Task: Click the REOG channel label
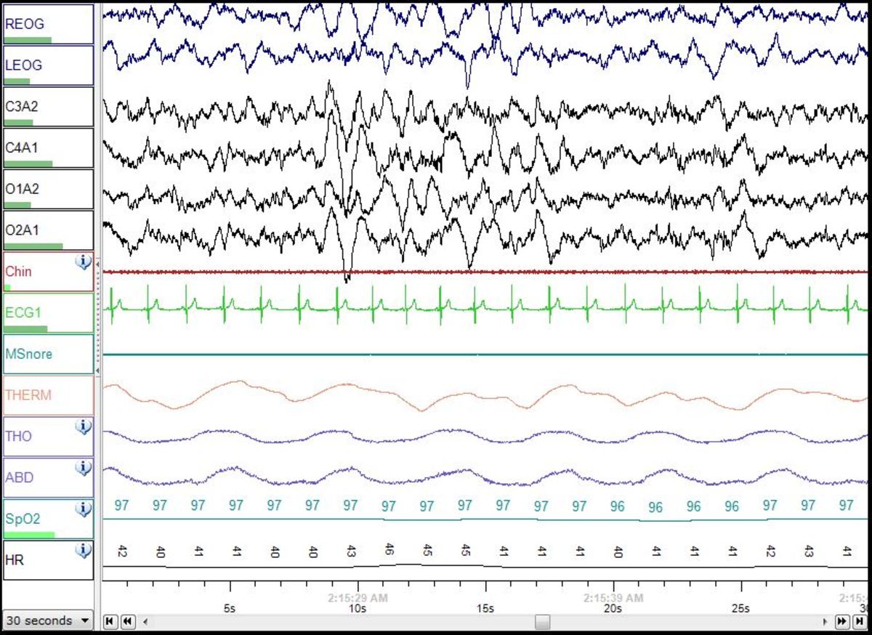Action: (x=25, y=23)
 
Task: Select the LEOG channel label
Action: (x=24, y=65)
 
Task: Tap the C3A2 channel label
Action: (x=22, y=106)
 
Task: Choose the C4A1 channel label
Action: (x=22, y=147)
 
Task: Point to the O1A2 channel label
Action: (x=22, y=189)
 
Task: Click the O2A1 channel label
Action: (x=22, y=230)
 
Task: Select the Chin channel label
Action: (x=18, y=272)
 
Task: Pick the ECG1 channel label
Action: (x=22, y=313)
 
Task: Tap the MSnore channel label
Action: (x=28, y=354)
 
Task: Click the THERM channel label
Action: (x=28, y=395)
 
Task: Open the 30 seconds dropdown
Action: (x=48, y=620)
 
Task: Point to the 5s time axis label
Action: (x=230, y=608)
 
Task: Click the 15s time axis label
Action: (x=485, y=608)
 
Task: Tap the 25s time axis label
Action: (x=740, y=608)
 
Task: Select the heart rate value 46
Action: (x=389, y=549)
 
